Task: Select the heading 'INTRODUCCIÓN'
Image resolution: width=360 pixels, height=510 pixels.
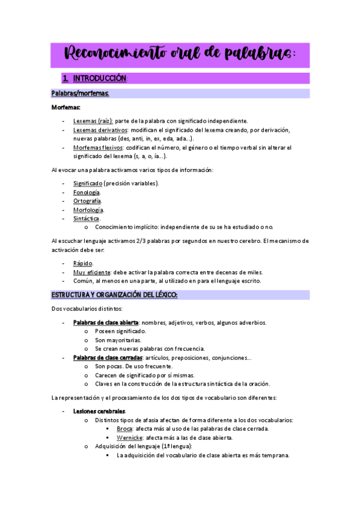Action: point(100,79)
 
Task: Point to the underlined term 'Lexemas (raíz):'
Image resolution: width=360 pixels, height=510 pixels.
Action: point(93,121)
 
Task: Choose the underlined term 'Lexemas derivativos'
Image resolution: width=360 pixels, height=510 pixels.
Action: point(100,130)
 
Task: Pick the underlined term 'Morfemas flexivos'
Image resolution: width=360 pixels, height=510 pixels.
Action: point(98,147)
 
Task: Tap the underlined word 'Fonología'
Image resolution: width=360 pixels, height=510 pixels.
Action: point(87,192)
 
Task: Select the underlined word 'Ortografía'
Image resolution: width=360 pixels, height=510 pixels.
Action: point(87,201)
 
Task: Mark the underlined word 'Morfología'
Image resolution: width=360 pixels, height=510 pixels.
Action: point(88,210)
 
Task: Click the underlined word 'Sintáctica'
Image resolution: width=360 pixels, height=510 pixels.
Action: point(87,218)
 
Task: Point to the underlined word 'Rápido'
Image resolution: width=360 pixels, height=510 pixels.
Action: point(83,263)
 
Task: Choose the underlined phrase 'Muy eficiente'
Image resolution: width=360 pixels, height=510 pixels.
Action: point(92,272)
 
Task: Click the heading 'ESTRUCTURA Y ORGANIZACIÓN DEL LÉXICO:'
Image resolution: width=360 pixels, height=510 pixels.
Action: point(114,295)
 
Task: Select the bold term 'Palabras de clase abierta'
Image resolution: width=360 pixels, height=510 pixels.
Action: point(106,322)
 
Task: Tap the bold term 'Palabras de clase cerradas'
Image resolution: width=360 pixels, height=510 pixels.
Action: point(108,358)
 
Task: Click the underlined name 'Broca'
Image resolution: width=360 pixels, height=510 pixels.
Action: point(124,429)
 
